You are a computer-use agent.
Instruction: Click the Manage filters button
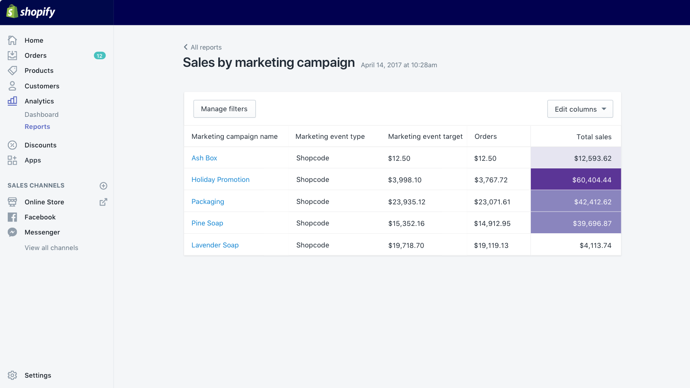[x=224, y=109]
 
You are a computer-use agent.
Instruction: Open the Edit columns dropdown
[x=580, y=109]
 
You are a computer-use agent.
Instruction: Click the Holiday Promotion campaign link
[x=220, y=180]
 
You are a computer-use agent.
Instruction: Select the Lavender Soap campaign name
[x=215, y=245]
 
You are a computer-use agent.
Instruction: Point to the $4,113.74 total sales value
[x=595, y=246]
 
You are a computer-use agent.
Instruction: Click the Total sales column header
[x=594, y=137]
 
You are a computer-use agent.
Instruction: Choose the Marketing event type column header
[x=330, y=137]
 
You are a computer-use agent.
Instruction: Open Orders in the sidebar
[x=35, y=56]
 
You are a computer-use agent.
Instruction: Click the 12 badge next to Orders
[x=100, y=56]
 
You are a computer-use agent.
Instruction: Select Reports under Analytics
[x=37, y=127]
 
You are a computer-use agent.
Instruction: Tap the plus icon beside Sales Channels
[x=103, y=186]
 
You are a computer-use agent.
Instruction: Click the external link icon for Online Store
[x=103, y=202]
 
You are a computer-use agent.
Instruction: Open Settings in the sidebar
[x=38, y=375]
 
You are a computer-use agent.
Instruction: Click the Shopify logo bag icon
[x=12, y=12]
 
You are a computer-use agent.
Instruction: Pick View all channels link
[x=51, y=248]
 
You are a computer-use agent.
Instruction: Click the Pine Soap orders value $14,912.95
[x=492, y=224]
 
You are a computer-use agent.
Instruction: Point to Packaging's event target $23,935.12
[x=407, y=202]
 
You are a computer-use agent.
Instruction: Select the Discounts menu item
[x=40, y=145]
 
